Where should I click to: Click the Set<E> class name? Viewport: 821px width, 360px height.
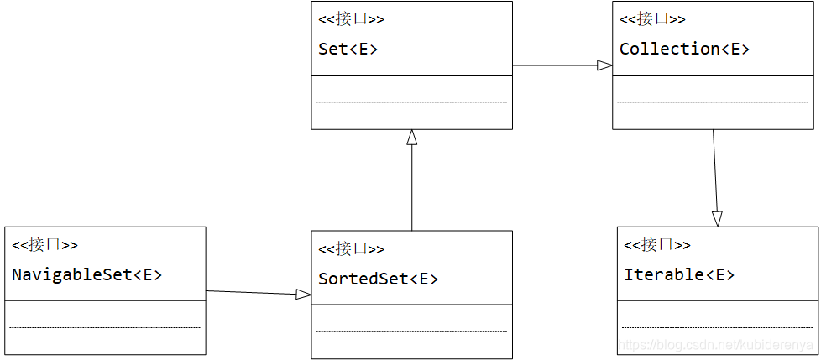348,50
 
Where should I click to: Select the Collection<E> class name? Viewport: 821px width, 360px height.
684,50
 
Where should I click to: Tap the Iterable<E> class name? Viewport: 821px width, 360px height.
679,274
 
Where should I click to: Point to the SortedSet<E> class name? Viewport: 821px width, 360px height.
378,279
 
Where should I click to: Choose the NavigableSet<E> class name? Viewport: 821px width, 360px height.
87,274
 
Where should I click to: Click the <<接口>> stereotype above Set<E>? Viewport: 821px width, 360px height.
351,20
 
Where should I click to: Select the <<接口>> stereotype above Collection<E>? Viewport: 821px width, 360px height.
652,20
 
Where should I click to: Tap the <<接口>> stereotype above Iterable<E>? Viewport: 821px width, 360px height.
657,244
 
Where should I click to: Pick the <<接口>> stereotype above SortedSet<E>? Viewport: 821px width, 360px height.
351,248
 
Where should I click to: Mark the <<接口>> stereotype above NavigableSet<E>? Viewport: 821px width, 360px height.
44,244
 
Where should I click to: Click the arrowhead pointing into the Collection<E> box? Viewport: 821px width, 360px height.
605,65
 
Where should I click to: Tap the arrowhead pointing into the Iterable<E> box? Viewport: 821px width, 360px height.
718,219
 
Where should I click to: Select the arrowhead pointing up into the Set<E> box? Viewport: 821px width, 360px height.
412,137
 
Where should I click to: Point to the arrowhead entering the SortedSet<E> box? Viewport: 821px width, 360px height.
304,295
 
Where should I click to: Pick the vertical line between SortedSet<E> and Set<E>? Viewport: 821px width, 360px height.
412,188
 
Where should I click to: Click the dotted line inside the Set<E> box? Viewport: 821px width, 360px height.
411,102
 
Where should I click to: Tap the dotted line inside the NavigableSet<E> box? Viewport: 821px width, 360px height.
105,327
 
